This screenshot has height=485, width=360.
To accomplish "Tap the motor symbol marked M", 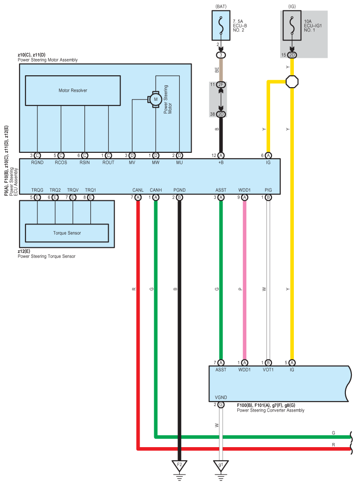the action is tap(156, 99).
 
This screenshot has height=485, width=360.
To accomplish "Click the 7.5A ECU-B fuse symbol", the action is tap(221, 26).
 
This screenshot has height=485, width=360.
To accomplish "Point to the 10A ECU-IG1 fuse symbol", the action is tap(292, 26).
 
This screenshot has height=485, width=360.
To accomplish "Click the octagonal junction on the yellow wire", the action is tap(292, 82).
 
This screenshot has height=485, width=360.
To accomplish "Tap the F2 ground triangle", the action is tap(179, 465).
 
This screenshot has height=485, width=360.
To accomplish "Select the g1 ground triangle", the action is tap(221, 465).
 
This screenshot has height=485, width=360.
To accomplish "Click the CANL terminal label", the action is tap(138, 190).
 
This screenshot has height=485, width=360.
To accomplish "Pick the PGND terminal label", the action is tap(179, 190).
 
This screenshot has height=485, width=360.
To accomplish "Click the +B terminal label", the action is tap(221, 162).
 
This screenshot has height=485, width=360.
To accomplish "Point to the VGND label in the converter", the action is tap(221, 397).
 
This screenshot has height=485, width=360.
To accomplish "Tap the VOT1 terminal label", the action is tap(268, 370).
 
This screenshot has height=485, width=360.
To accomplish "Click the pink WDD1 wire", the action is tap(245, 280).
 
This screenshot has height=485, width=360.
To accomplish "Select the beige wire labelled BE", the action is tap(221, 70).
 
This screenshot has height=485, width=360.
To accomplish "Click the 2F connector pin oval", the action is tap(221, 84).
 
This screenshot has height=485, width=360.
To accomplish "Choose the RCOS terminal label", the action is tap(61, 162).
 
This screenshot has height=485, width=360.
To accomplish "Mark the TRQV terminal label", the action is tap(73, 190).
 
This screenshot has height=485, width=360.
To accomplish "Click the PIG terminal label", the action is tap(268, 190).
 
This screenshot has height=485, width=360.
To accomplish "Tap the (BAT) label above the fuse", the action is tap(221, 6).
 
